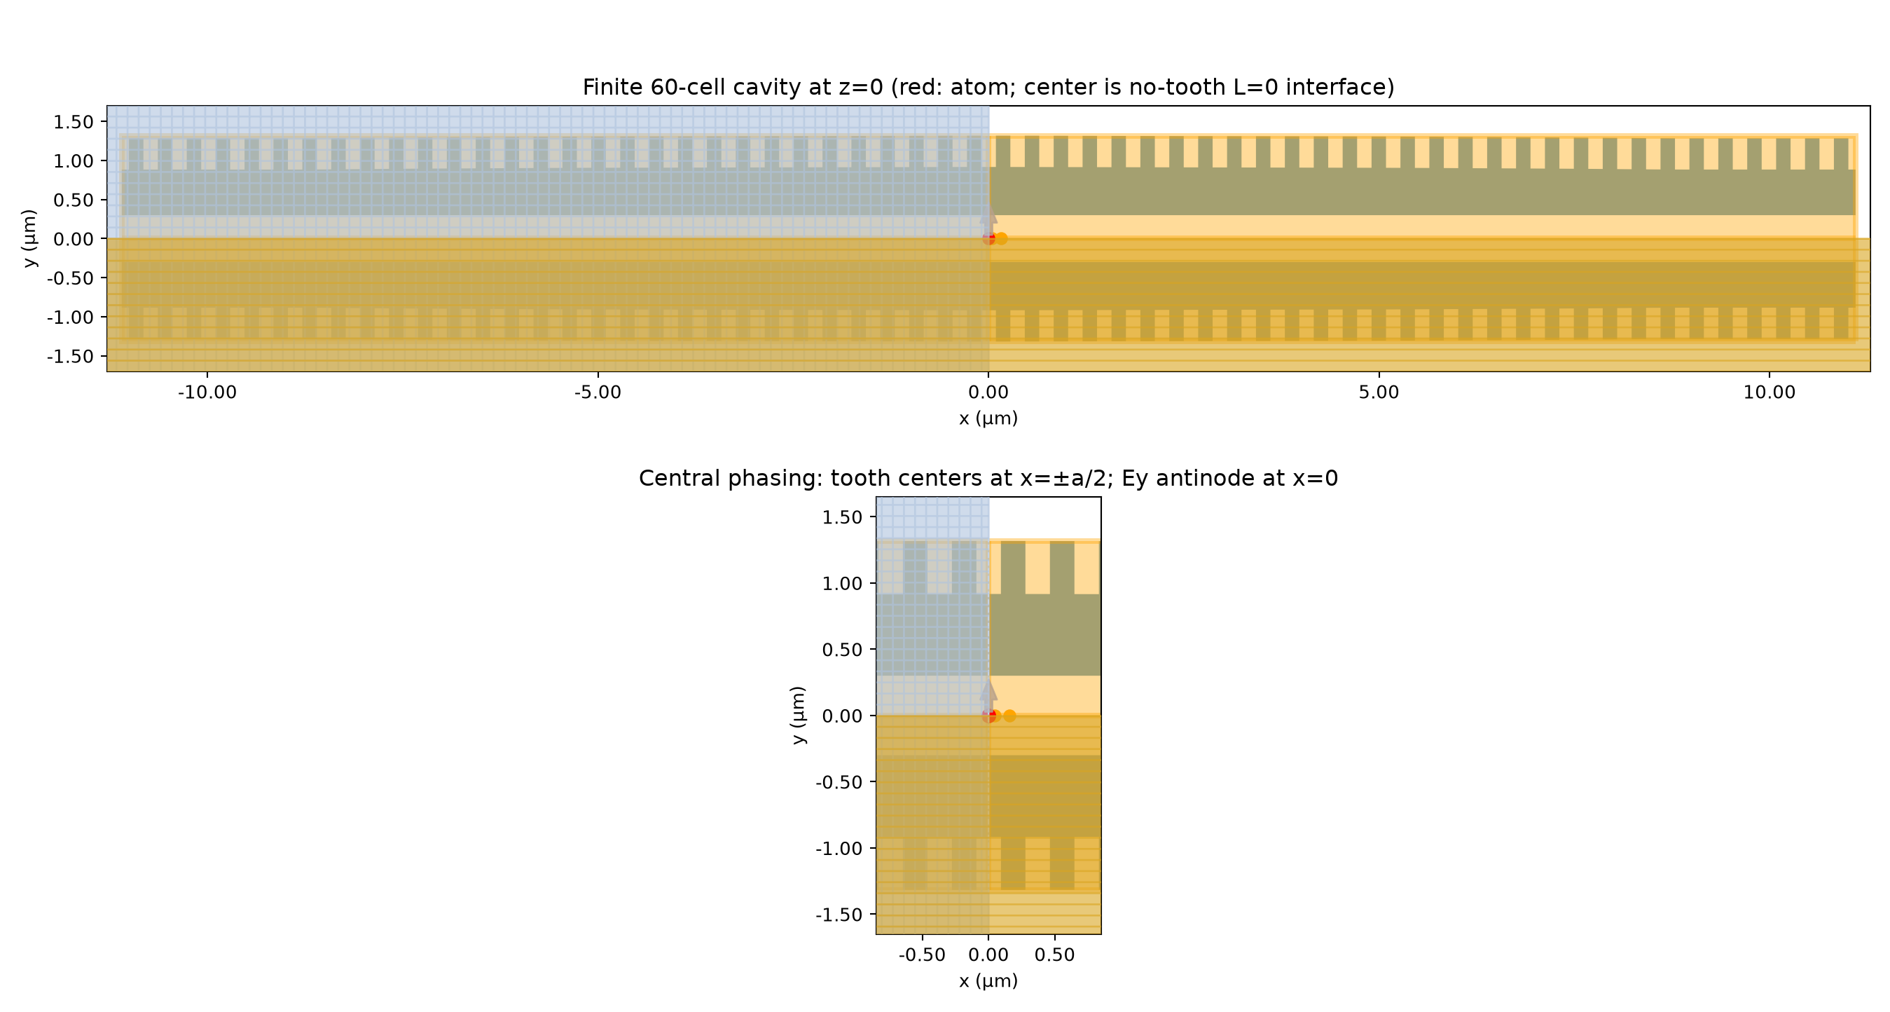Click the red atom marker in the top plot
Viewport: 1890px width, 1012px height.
pyautogui.click(x=988, y=238)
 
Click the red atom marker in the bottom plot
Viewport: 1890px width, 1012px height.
pyautogui.click(x=988, y=716)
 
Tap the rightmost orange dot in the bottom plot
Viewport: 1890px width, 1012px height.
pyautogui.click(x=1009, y=716)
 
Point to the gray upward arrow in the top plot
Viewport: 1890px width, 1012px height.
pyautogui.click(x=988, y=221)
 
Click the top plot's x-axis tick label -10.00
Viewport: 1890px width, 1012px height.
pyautogui.click(x=207, y=392)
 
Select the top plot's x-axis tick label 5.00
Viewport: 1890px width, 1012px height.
pyautogui.click(x=1379, y=392)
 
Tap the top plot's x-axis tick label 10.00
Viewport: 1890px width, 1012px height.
pyautogui.click(x=1769, y=392)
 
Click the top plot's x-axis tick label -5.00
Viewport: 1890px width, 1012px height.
pyautogui.click(x=598, y=392)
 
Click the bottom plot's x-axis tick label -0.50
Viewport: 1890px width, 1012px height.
pyautogui.click(x=921, y=955)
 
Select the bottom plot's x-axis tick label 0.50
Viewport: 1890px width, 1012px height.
pyautogui.click(x=1054, y=955)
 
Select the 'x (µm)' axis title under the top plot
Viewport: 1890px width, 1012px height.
pyautogui.click(x=988, y=418)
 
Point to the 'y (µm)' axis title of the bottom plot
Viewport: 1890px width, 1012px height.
pyautogui.click(x=799, y=716)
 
